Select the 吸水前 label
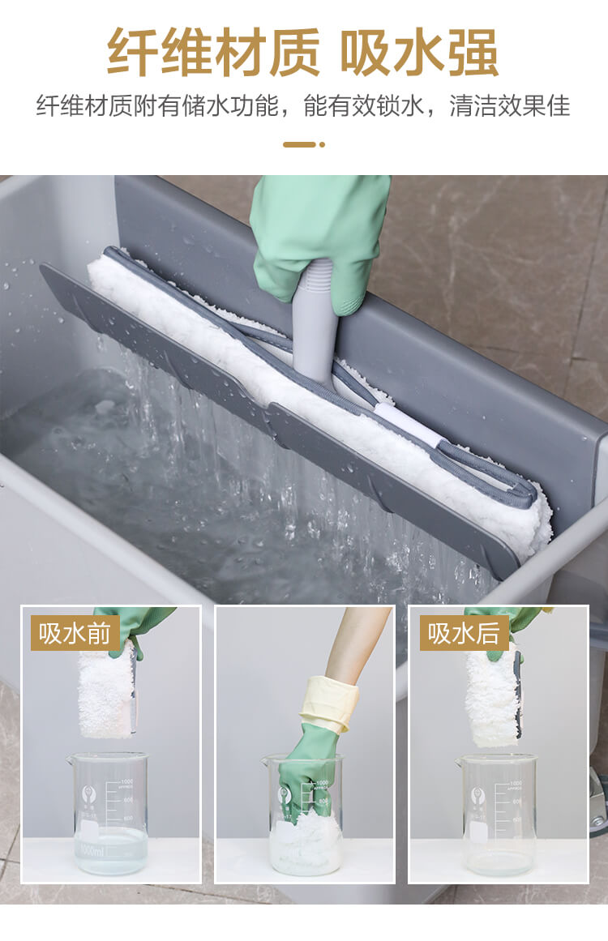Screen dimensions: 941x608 click(x=75, y=632)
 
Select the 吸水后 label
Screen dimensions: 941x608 click(x=464, y=632)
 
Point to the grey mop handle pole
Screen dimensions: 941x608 click(x=315, y=324)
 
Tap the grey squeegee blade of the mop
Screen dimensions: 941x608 click(x=276, y=421)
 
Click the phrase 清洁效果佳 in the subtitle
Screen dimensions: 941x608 click(x=510, y=106)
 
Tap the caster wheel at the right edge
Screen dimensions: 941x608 click(x=597, y=802)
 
